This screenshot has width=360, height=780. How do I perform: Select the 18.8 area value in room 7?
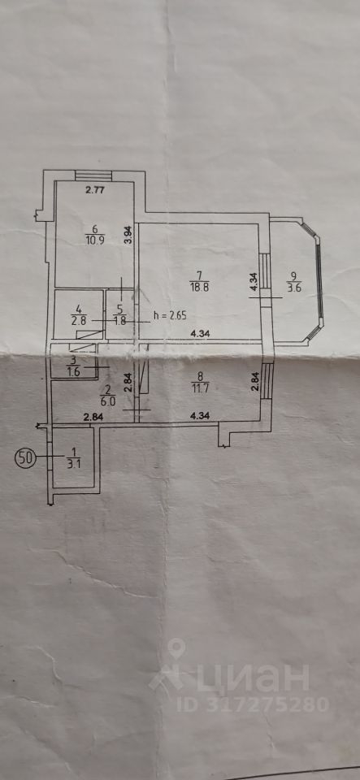click(x=197, y=285)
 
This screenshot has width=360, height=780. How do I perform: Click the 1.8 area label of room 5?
click(x=119, y=320)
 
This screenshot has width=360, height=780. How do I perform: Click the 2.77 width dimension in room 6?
click(x=95, y=189)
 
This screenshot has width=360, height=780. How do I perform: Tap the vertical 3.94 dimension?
click(x=128, y=235)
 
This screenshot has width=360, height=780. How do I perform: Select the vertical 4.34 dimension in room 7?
click(x=253, y=283)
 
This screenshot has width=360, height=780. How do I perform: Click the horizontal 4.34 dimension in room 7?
click(x=201, y=334)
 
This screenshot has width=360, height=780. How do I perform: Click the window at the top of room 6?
click(x=94, y=176)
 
